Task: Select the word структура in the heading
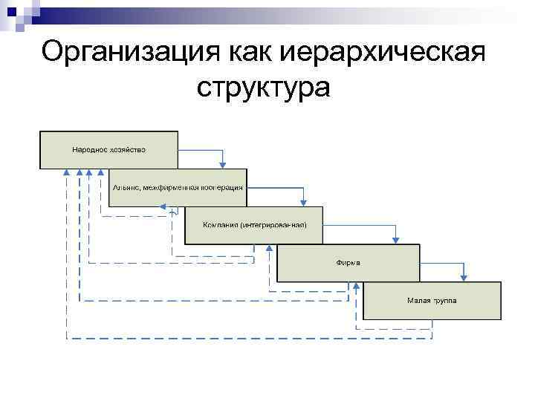point(263,87)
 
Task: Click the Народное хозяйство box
point(109,150)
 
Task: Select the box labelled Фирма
point(348,263)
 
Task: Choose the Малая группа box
point(431,301)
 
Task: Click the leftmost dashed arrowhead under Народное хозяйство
point(67,172)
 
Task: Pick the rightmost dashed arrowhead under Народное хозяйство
point(101,172)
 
